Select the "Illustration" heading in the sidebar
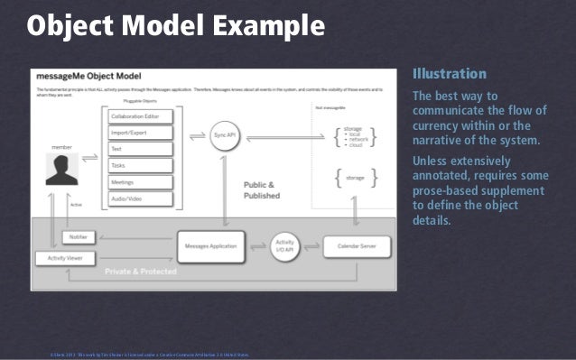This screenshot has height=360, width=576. (449, 74)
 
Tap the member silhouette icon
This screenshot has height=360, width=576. (61, 169)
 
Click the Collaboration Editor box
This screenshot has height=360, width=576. (142, 117)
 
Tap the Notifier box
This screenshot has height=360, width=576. (75, 236)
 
